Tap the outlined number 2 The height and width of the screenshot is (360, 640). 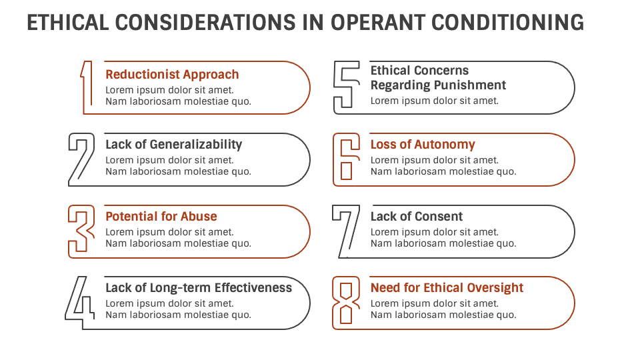tap(81, 159)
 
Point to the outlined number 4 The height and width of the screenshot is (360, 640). tap(80, 302)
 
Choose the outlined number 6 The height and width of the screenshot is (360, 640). tap(346, 159)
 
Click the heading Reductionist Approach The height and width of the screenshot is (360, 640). tap(172, 75)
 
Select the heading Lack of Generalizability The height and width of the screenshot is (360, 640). tap(173, 145)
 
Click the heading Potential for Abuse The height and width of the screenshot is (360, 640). tap(161, 217)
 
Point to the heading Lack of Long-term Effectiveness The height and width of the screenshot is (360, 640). tap(199, 288)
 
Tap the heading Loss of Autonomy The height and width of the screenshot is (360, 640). tap(423, 145)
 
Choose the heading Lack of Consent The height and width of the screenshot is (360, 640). tap(417, 217)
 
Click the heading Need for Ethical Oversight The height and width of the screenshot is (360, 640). tap(447, 288)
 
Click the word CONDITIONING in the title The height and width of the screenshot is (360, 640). tap(507, 23)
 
